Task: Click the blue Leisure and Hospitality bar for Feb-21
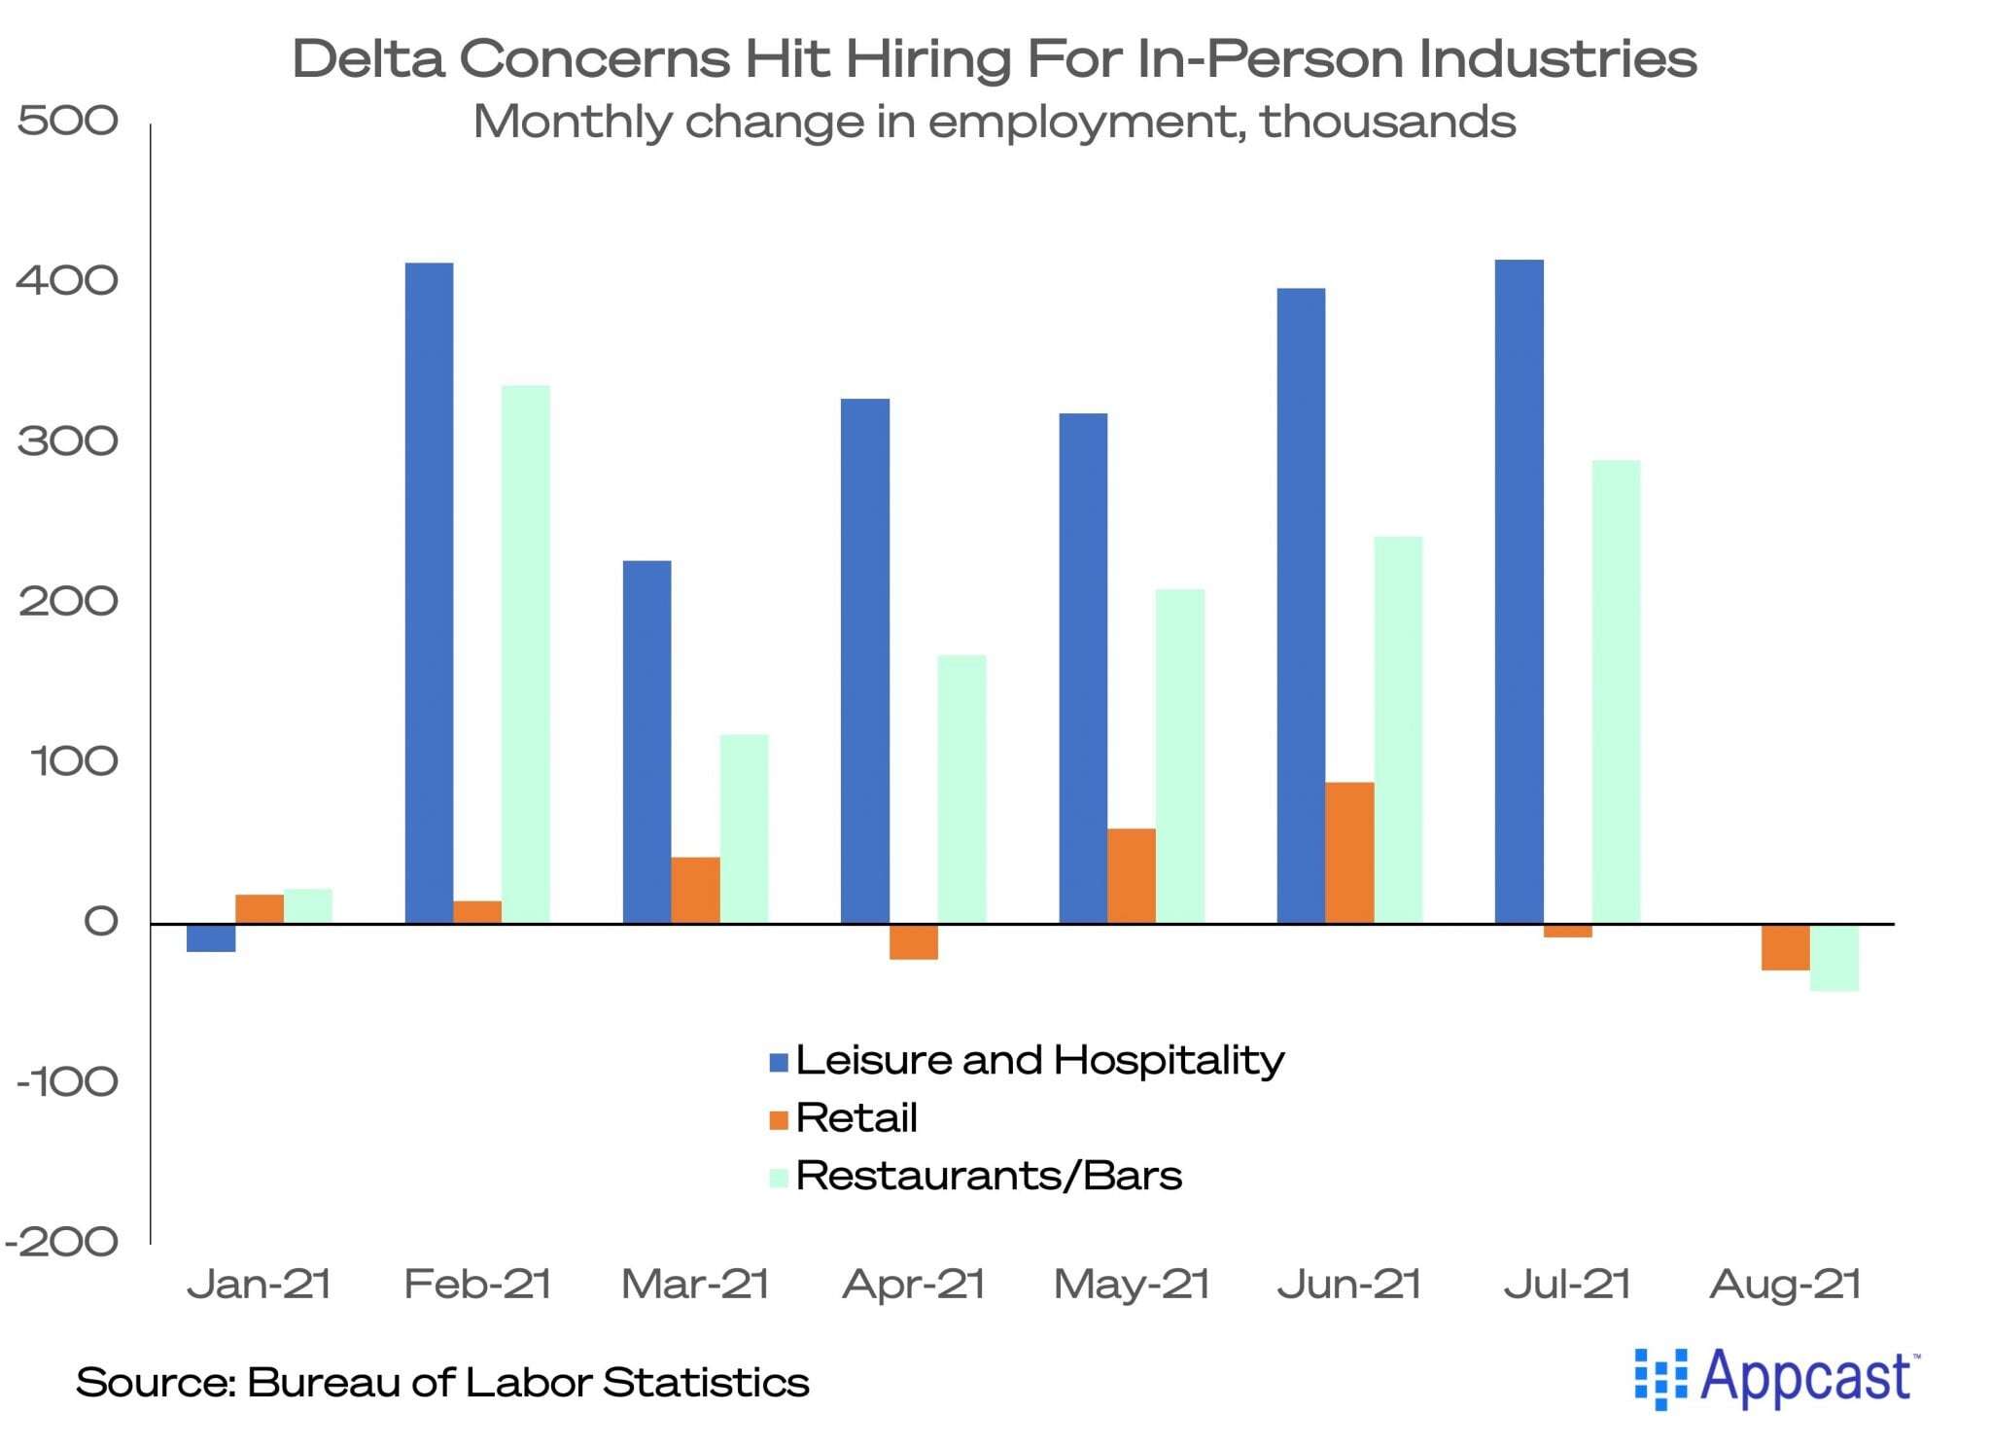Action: click(429, 592)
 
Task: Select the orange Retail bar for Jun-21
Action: click(1349, 852)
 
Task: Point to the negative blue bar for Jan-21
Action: click(211, 937)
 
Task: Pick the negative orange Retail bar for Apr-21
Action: click(914, 941)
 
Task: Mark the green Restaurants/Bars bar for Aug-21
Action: click(1834, 957)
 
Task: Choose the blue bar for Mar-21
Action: click(646, 741)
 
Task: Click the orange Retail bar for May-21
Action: click(1132, 875)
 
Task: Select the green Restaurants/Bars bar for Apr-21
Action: click(961, 789)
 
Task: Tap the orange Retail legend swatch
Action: click(778, 1119)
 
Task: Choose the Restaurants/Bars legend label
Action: click(988, 1176)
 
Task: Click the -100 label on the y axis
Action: click(66, 1081)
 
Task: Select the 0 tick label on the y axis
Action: click(100, 922)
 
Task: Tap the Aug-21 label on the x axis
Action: click(1785, 1284)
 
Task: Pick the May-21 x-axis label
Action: click(1132, 1284)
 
